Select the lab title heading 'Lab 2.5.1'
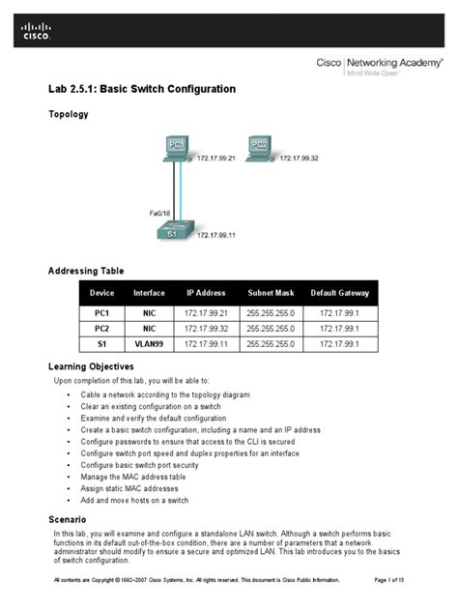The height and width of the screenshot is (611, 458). point(142,89)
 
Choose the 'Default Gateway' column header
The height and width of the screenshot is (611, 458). point(340,293)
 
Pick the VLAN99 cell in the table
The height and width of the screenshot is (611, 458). point(150,343)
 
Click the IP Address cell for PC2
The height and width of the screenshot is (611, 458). point(206,329)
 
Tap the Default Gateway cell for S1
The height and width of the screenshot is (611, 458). point(340,343)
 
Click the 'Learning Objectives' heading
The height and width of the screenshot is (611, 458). point(91,367)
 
